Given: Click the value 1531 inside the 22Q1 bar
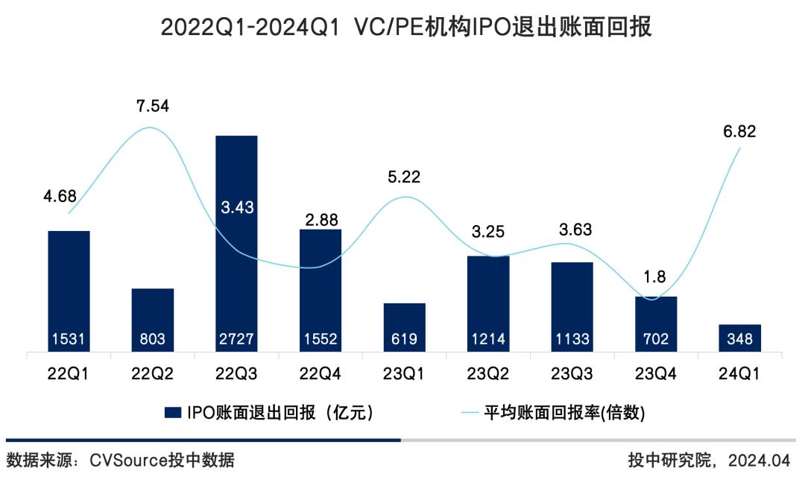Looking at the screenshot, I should click(x=69, y=340).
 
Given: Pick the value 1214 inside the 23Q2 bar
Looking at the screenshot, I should click(x=488, y=340).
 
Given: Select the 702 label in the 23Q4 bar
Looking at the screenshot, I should click(x=657, y=340).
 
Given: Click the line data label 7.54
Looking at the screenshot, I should click(x=153, y=106).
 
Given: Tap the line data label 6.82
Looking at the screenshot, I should click(x=739, y=132).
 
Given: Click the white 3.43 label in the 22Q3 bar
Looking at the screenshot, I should click(x=237, y=208).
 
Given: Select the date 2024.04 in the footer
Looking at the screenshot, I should click(x=760, y=459).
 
